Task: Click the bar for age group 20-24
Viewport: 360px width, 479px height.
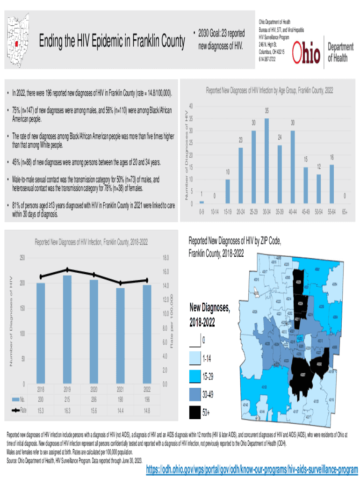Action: click(241, 175)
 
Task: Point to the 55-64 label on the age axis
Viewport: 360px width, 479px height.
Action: click(331, 212)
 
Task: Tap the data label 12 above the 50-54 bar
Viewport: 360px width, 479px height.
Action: click(318, 167)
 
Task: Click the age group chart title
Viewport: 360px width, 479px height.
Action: click(269, 90)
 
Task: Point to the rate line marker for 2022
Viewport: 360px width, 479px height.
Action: click(147, 280)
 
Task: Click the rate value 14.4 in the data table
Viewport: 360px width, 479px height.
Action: click(120, 411)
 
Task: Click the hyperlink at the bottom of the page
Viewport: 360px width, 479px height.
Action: click(252, 469)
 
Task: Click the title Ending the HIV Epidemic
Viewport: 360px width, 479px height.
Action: click(112, 42)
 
